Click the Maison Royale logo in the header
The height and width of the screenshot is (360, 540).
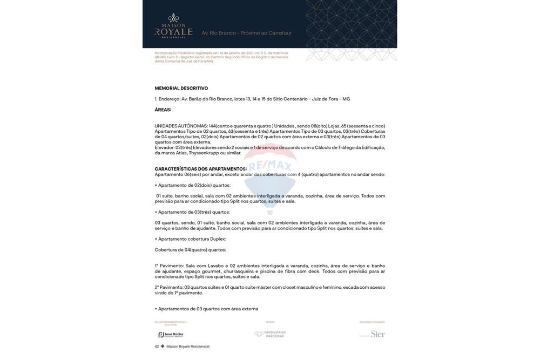[173, 26]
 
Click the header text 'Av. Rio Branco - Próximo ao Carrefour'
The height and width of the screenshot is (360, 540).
[246, 33]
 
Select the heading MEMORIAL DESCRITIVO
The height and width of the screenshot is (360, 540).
[181, 88]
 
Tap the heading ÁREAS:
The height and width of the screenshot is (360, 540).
[163, 110]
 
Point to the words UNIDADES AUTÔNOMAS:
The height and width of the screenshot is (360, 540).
[181, 126]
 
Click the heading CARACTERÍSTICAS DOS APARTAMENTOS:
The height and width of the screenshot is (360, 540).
[200, 169]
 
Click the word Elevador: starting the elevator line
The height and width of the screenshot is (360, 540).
[165, 147]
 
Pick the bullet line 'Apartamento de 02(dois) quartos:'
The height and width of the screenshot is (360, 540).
[194, 185]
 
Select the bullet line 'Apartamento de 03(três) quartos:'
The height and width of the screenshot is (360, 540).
[194, 212]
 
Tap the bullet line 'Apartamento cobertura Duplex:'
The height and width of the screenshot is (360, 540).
[192, 239]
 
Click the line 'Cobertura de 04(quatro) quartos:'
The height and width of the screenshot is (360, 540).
[190, 250]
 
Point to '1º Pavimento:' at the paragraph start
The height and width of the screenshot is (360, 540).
[169, 266]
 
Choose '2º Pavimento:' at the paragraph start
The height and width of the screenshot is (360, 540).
[169, 288]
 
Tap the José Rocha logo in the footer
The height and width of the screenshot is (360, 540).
[171, 335]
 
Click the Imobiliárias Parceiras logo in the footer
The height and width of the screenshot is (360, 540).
[270, 334]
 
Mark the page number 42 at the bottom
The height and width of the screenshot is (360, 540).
[157, 347]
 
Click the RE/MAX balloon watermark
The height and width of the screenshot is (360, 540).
[270, 173]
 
